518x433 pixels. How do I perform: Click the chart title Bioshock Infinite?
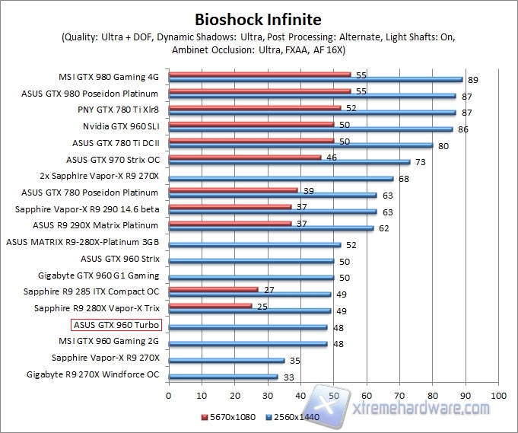[258, 18]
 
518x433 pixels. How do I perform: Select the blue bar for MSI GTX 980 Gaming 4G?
[316, 79]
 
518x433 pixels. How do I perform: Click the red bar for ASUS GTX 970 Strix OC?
[245, 158]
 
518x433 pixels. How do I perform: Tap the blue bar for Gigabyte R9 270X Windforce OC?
[223, 376]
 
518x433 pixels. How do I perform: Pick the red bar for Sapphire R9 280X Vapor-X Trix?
[210, 306]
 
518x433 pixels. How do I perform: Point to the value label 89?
[472, 80]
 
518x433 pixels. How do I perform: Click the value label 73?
[419, 162]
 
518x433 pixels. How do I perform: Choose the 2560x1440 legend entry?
[292, 417]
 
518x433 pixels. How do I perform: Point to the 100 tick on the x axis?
[498, 396]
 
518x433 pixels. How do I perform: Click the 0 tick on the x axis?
[169, 396]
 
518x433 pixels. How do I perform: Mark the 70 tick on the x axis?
[399, 396]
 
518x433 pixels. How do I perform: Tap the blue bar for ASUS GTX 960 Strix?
[251, 261]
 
